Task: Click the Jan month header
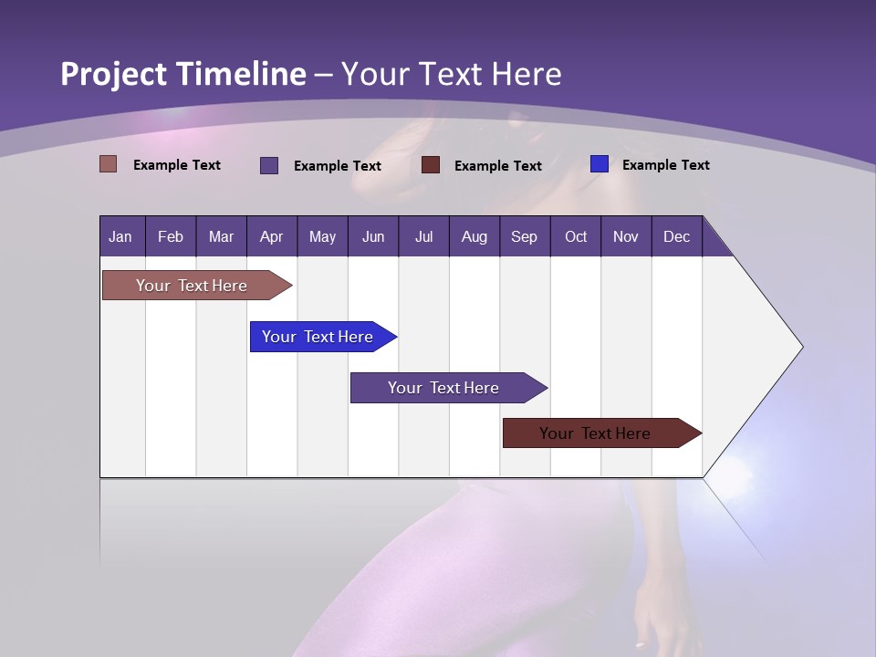(120, 236)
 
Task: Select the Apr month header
(271, 236)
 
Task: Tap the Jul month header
(423, 236)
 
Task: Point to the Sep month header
(524, 236)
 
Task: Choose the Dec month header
(676, 236)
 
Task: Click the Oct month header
(575, 236)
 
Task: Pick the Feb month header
(171, 236)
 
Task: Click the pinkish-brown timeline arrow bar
(192, 286)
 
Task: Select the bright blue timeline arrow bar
(318, 337)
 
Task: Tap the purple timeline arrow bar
(443, 388)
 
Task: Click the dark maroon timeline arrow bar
(595, 433)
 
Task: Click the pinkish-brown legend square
(108, 164)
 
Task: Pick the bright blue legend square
(600, 164)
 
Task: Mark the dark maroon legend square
(431, 165)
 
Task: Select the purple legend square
(269, 165)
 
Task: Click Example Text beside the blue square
(665, 164)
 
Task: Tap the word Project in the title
(114, 74)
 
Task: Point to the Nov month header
(625, 236)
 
